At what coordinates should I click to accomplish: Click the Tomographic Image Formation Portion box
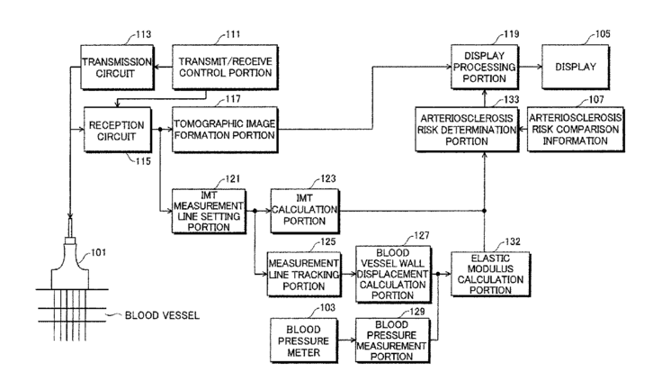point(225,129)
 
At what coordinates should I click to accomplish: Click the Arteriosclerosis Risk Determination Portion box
point(466,130)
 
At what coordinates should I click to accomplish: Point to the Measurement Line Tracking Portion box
point(302,274)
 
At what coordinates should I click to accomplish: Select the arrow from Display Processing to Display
point(531,66)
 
